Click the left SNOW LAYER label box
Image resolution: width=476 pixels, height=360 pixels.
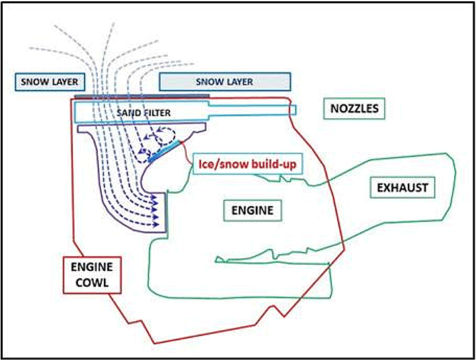(50, 82)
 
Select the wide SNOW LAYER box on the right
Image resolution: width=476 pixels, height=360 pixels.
(225, 82)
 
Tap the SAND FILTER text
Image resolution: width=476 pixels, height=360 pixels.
(143, 113)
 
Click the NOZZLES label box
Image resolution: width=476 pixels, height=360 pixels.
(354, 108)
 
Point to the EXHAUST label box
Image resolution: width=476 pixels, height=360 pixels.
(402, 188)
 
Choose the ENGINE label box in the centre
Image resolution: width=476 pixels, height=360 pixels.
(253, 210)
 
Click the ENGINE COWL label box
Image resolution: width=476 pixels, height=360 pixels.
(93, 275)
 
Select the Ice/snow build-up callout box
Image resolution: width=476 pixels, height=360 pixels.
(247, 164)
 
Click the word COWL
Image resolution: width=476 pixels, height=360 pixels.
(92, 283)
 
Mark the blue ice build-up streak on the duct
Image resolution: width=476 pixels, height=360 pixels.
(167, 151)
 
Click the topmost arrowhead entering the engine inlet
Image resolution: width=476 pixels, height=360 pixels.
(155, 198)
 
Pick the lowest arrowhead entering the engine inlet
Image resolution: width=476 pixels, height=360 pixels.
(156, 225)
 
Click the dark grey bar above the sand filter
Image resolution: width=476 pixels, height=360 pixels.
(141, 96)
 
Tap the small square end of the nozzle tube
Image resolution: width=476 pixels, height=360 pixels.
(293, 110)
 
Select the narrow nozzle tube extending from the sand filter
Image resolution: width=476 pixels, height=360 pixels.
(253, 110)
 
